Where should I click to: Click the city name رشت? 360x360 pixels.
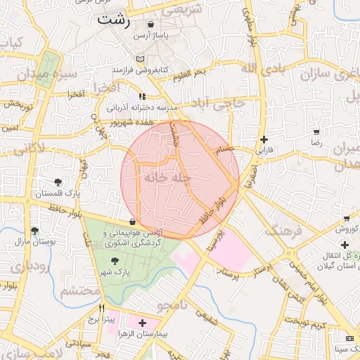pyautogui.click(x=114, y=19)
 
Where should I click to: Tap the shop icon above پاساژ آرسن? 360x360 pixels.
pyautogui.click(x=150, y=24)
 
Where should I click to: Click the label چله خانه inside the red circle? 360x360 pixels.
pyautogui.click(x=168, y=179)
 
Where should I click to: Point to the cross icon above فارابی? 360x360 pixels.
pyautogui.click(x=264, y=140)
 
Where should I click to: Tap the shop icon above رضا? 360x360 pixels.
pyautogui.click(x=316, y=131)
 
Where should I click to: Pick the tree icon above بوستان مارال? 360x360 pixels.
pyautogui.click(x=34, y=230)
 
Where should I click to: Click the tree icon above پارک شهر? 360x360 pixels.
pyautogui.click(x=114, y=261)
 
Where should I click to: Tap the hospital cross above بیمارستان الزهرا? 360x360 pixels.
pyautogui.click(x=143, y=323)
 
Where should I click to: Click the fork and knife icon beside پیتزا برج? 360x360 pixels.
pyautogui.click(x=102, y=308)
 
